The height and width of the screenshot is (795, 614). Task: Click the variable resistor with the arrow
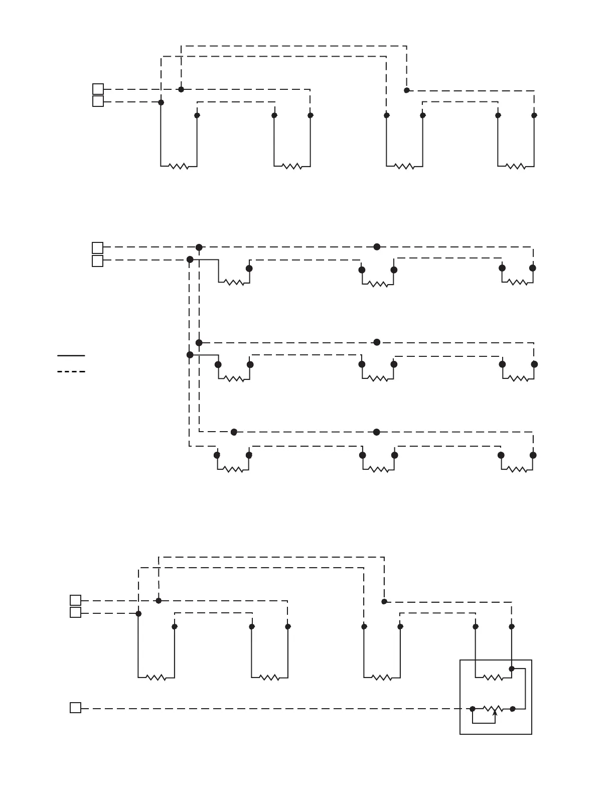pos(492,709)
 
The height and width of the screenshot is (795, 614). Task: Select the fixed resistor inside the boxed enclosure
pos(493,678)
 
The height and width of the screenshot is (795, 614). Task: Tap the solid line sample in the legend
pos(71,355)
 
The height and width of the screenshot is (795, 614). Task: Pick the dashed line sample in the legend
pos(71,371)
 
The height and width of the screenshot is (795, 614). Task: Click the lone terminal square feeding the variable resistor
pos(75,708)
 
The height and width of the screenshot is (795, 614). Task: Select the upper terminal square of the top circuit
pos(98,89)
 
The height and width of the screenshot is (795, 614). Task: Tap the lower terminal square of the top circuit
pos(98,101)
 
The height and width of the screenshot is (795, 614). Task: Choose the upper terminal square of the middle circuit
pos(98,247)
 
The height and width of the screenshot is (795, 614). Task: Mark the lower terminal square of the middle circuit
pos(98,261)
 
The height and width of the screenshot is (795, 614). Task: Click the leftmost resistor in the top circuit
pos(179,166)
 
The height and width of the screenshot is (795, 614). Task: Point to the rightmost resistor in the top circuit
pos(515,166)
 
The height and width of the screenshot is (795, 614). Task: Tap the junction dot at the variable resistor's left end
pos(473,709)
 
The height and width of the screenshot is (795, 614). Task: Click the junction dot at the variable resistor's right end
pos(513,709)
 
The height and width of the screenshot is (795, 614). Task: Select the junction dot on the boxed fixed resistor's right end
pos(512,669)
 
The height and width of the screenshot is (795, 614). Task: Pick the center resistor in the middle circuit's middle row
pos(378,378)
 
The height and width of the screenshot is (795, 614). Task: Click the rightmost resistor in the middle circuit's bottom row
pos(517,470)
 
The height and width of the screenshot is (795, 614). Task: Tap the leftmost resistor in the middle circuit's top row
pos(234,283)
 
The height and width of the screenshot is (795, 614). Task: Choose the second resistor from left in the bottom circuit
pos(269,678)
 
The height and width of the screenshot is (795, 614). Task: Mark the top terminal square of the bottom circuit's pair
pos(75,600)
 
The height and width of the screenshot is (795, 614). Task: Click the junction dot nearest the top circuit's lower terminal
pos(161,102)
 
